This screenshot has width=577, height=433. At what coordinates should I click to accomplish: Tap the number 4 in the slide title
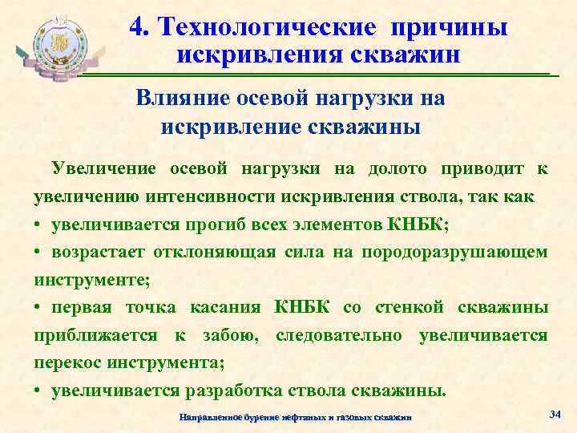pyautogui.click(x=137, y=26)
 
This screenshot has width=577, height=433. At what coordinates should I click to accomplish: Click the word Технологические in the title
pyautogui.click(x=267, y=26)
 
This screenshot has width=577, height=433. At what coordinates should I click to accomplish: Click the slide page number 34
pyautogui.click(x=555, y=414)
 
